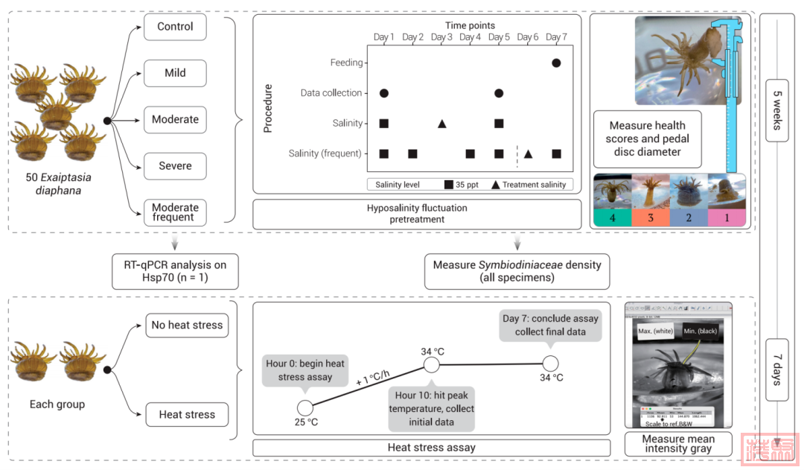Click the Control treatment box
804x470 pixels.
(175, 27)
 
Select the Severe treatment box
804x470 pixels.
(175, 165)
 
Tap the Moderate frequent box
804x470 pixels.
(175, 212)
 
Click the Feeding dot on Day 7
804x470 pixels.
(556, 63)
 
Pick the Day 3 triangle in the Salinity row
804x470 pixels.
(441, 123)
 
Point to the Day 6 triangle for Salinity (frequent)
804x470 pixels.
(528, 153)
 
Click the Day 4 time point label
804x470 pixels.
(470, 37)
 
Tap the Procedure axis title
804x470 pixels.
(269, 108)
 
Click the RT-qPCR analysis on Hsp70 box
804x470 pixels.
(175, 271)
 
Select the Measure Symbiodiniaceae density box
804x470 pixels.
(517, 271)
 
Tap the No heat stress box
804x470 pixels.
(187, 325)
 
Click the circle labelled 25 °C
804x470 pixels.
(304, 407)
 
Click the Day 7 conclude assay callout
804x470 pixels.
(550, 325)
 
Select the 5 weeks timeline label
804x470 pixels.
(776, 110)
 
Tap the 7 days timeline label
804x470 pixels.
(776, 369)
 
